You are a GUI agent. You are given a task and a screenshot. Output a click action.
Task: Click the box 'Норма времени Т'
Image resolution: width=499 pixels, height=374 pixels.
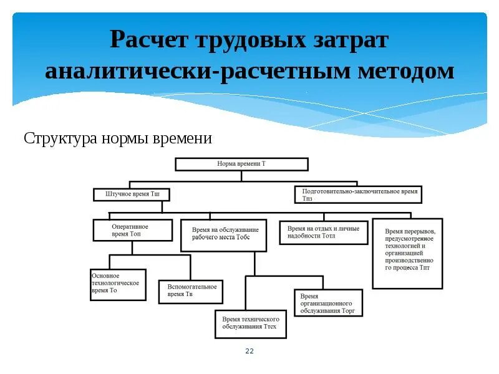click(241, 164)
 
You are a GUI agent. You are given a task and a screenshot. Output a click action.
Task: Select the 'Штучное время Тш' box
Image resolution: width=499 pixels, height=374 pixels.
click(131, 195)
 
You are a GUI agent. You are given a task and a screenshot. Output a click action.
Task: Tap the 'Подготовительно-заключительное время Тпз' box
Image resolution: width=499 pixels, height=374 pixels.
click(358, 194)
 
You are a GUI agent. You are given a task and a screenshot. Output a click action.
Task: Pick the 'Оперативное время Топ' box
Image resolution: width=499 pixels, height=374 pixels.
click(132, 229)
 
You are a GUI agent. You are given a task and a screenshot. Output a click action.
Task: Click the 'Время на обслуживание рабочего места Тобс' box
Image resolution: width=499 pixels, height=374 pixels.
click(224, 234)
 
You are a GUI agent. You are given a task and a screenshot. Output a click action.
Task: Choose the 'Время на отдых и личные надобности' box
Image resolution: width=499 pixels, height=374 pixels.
click(323, 232)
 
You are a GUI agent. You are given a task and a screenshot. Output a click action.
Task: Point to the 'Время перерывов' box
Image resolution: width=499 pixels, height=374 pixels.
click(407, 253)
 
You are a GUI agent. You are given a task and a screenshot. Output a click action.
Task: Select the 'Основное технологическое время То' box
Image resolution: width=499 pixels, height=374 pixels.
click(118, 285)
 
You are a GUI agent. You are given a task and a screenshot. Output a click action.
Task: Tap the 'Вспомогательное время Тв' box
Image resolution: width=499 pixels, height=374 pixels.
click(191, 290)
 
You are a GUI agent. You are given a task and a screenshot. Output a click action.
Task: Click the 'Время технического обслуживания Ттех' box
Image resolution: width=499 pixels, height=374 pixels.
click(250, 324)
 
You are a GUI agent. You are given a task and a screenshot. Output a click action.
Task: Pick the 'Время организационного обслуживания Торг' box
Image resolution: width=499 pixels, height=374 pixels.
click(328, 303)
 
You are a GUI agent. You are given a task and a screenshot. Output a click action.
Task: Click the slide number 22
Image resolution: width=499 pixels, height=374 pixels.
click(249, 352)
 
